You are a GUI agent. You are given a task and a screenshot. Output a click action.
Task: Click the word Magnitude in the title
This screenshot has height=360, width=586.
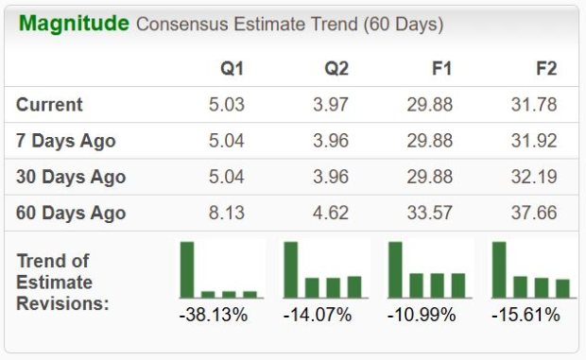coord(74,24)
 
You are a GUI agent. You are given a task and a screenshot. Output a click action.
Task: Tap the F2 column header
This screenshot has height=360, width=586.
coord(545,68)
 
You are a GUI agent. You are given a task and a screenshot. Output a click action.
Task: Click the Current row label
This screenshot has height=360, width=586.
coord(49,105)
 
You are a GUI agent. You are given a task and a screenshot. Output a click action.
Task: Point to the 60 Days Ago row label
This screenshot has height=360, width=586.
coord(71,213)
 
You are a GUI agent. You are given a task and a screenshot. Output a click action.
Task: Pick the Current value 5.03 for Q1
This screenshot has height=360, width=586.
coord(227,105)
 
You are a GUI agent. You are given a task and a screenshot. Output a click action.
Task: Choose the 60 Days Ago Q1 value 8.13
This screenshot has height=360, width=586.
coord(227,213)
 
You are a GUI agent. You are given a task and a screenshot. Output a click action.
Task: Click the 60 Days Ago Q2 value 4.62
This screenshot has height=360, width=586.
coord(331,213)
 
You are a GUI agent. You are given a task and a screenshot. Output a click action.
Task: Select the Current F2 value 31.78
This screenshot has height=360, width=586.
coord(534,105)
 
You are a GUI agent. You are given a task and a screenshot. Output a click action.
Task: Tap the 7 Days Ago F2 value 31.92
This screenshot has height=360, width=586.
coord(534,141)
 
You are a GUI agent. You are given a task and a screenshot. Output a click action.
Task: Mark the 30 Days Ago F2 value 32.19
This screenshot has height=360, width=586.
coord(534,177)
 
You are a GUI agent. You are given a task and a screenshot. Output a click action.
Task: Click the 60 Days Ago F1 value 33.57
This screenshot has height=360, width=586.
coord(430,213)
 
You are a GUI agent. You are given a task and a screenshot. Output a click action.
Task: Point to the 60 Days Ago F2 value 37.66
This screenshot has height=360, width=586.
coord(534,213)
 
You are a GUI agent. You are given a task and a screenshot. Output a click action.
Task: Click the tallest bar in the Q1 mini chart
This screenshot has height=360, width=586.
coord(187,270)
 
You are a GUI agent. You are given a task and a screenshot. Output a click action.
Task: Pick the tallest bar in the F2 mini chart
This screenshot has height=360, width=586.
coord(499,270)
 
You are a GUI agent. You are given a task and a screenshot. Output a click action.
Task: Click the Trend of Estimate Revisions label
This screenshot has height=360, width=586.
coord(62,282)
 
